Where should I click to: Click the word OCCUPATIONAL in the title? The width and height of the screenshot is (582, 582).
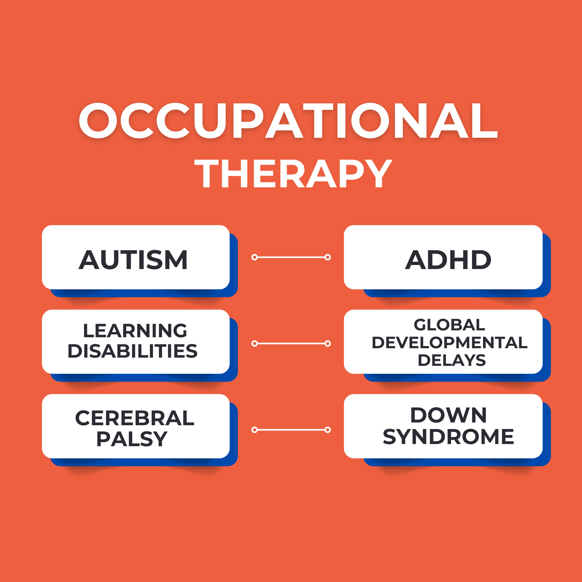pyautogui.click(x=288, y=121)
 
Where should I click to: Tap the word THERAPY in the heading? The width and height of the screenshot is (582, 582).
pyautogui.click(x=293, y=173)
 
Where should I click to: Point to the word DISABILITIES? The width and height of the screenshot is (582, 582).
pyautogui.click(x=132, y=351)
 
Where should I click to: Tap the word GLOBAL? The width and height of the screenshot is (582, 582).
pyautogui.click(x=450, y=325)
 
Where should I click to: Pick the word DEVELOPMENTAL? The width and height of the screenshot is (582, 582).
pyautogui.click(x=450, y=343)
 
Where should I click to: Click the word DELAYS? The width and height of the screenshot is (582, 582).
pyautogui.click(x=451, y=360)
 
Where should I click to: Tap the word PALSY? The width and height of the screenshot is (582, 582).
pyautogui.click(x=132, y=439)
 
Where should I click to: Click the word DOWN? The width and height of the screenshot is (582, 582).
pyautogui.click(x=448, y=415)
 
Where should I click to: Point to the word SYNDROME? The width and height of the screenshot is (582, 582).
pyautogui.click(x=448, y=437)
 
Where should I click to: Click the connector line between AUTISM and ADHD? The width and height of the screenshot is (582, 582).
pyautogui.click(x=291, y=257)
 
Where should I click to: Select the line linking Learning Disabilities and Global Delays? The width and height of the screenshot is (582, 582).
pyautogui.click(x=291, y=343)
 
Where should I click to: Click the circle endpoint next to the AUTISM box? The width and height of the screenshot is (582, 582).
pyautogui.click(x=255, y=257)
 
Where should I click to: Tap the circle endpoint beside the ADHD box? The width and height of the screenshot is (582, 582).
pyautogui.click(x=328, y=257)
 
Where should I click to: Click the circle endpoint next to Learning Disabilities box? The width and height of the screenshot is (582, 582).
pyautogui.click(x=255, y=343)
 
